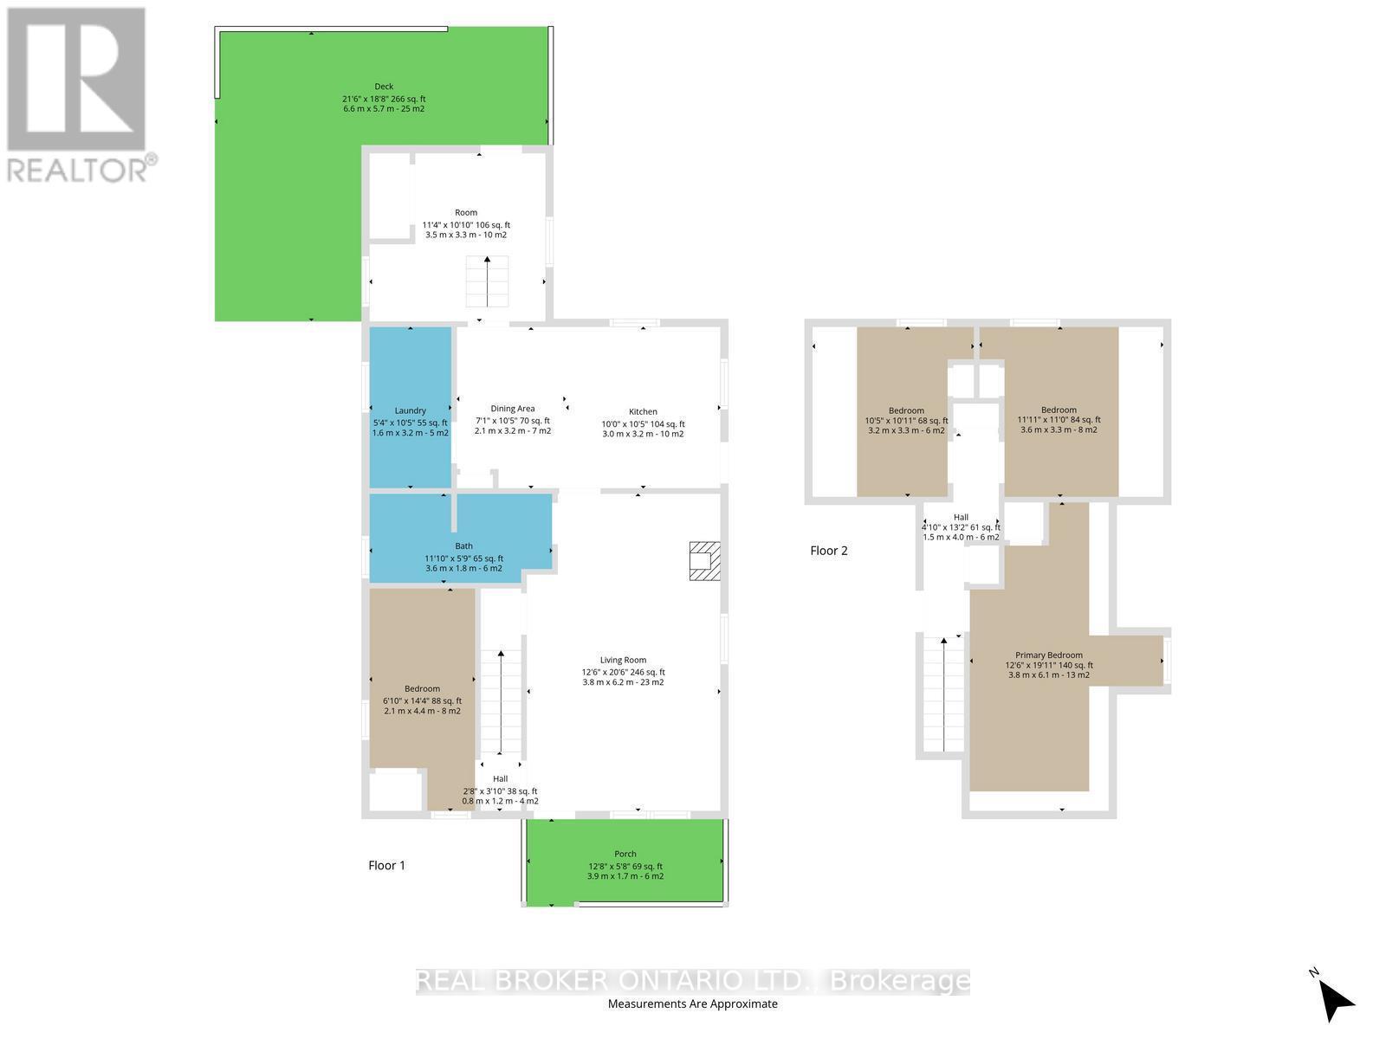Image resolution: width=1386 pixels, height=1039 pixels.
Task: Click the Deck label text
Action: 384,87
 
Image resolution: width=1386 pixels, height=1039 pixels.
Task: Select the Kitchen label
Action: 643,412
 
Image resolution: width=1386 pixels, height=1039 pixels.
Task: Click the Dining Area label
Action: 512,409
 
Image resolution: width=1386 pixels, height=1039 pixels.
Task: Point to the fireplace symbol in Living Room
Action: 703,560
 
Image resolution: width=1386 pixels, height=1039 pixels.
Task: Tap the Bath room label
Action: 464,546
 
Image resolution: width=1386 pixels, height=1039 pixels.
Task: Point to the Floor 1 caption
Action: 386,865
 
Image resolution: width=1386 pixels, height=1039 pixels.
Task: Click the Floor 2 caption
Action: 829,551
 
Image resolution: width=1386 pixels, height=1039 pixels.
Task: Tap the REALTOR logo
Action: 78,95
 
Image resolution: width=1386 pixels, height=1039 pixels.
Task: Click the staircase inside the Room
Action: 487,281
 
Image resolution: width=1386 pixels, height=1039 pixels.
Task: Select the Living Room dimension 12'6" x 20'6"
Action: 623,672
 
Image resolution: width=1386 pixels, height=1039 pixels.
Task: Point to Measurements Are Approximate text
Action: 692,1004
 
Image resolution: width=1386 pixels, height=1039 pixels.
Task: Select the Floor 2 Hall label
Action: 960,517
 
